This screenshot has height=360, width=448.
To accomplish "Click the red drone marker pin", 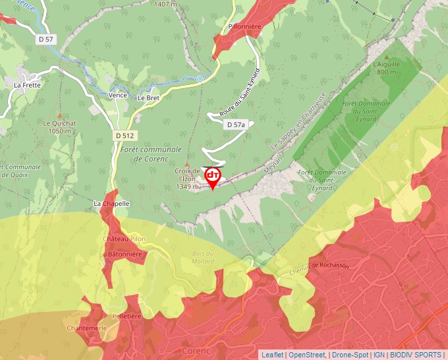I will [213, 176].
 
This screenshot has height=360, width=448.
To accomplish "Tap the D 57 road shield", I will [45, 39].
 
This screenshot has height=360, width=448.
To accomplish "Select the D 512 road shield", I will [123, 136].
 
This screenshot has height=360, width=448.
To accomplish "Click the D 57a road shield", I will [235, 124].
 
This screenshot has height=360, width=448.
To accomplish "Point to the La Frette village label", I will [27, 85].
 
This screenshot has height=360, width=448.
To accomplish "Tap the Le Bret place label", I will [149, 97].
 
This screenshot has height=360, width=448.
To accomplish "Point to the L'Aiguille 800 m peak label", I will [387, 68].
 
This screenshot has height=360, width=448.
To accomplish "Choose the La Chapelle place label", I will [111, 203].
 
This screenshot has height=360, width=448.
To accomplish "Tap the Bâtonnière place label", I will [125, 253].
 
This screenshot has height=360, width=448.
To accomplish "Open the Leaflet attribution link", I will [272, 355].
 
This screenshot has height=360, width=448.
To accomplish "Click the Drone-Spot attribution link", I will [350, 355].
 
